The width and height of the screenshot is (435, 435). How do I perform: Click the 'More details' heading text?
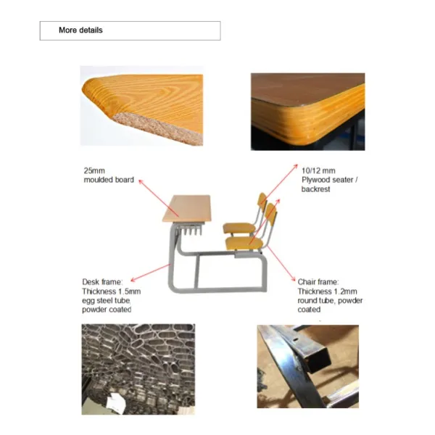click(80, 30)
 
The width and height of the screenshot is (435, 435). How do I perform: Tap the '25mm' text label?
click(94, 170)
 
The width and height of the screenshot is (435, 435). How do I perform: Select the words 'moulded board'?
click(109, 180)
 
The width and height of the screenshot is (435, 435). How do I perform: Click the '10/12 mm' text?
click(318, 170)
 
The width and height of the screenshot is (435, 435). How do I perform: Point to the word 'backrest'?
click(315, 189)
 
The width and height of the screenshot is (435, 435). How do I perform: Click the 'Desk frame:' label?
click(102, 282)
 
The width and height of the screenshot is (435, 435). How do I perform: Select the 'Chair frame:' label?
click(318, 282)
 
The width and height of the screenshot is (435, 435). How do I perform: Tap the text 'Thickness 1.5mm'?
click(111, 291)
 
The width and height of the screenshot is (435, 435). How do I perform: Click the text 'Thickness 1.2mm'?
click(327, 291)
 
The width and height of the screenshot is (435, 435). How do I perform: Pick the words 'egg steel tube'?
click(106, 300)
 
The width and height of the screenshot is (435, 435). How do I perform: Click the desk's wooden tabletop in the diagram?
click(187, 208)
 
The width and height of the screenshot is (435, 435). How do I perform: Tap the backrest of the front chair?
click(271, 215)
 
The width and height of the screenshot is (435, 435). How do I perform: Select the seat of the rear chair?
click(239, 228)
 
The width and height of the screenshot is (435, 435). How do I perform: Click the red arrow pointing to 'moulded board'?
click(159, 198)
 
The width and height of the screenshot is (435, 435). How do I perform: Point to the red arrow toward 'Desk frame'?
click(151, 273)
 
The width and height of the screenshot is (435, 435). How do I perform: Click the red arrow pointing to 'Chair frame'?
click(281, 263)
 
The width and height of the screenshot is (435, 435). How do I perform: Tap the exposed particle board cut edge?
click(158, 128)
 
